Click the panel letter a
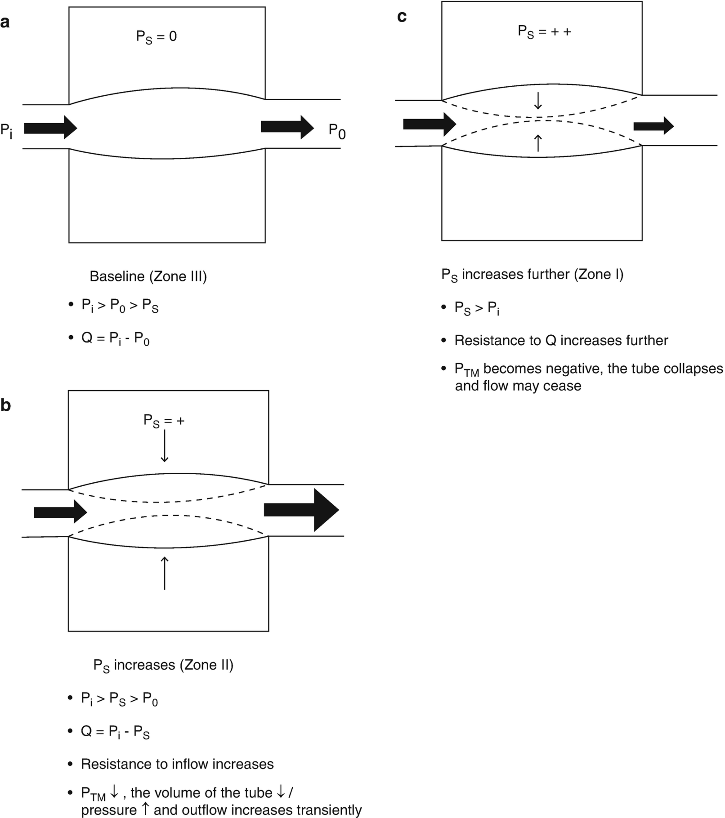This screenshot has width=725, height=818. (x=5, y=22)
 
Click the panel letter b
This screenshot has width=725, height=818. (x=5, y=405)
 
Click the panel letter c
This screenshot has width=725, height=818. (x=402, y=17)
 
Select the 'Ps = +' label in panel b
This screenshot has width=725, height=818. (x=164, y=421)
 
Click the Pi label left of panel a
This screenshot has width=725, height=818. (x=6, y=131)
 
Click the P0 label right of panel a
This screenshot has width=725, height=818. (x=337, y=131)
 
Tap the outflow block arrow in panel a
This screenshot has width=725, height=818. (x=287, y=127)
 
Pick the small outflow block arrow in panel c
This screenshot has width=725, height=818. (x=653, y=126)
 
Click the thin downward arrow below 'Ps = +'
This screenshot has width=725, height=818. (x=165, y=446)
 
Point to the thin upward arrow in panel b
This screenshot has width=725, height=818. (x=165, y=573)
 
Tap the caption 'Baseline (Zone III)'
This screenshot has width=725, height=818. (x=148, y=276)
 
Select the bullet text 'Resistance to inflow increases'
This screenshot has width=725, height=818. (x=177, y=764)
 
